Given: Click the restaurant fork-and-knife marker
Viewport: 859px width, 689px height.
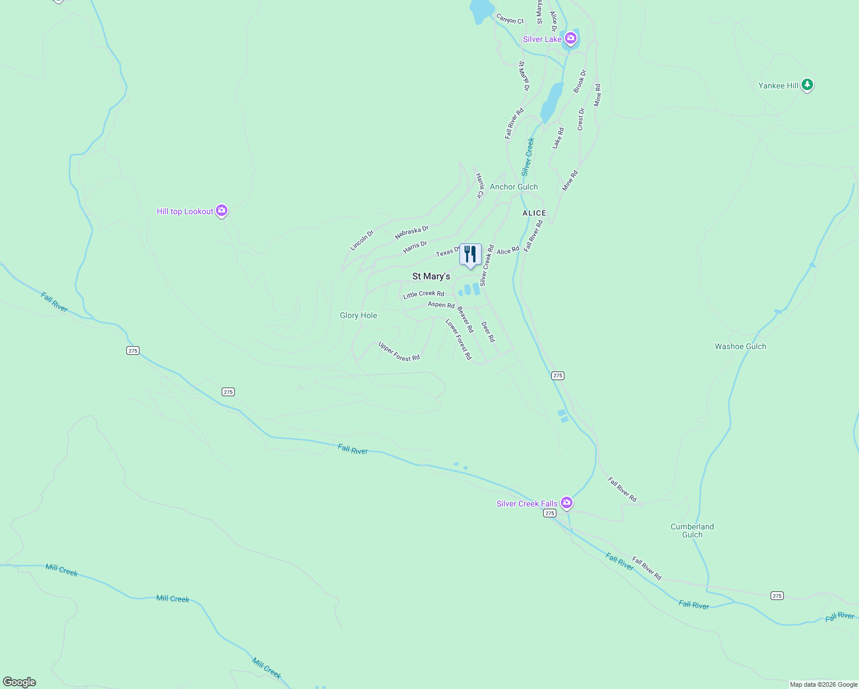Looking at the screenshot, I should click(x=470, y=254).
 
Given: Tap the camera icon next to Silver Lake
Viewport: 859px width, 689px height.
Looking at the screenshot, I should click(x=570, y=38).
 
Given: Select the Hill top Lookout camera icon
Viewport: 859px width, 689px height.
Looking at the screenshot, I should click(x=222, y=211).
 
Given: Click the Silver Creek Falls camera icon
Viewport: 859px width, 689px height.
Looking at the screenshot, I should click(x=567, y=503).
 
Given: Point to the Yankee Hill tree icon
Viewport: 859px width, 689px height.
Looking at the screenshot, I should click(x=807, y=85).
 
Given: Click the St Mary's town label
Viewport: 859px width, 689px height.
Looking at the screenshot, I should click(x=431, y=276).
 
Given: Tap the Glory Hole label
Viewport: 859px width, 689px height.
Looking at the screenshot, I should click(x=358, y=315).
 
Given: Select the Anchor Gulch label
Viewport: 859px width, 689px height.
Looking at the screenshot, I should click(x=513, y=187).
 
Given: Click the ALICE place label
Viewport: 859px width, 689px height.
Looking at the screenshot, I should click(x=534, y=213).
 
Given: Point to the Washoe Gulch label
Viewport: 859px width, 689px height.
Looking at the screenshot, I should click(x=740, y=346).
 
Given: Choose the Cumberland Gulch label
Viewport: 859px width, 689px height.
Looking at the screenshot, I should click(x=692, y=531).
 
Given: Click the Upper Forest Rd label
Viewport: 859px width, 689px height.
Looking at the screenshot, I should click(x=398, y=351).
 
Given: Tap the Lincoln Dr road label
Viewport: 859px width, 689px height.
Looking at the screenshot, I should click(x=362, y=240).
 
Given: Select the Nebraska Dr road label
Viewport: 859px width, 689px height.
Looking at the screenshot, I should click(x=412, y=233).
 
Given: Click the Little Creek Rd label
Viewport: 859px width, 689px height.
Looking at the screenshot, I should click(x=423, y=294).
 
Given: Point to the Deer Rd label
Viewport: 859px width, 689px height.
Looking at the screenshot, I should click(x=487, y=331).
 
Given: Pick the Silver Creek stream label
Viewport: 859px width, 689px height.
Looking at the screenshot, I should click(x=528, y=157).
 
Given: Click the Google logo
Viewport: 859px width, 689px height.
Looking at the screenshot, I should click(x=20, y=682).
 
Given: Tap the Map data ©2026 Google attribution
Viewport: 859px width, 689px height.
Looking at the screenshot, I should click(x=823, y=684).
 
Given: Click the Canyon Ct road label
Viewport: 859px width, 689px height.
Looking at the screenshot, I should click(x=510, y=20).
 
